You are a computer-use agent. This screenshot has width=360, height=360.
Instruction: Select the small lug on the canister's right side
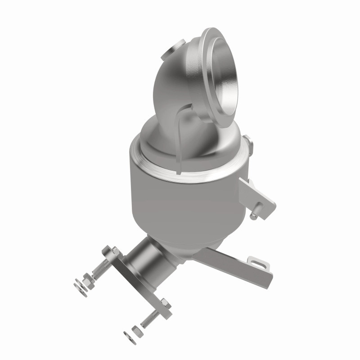point(250,143)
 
